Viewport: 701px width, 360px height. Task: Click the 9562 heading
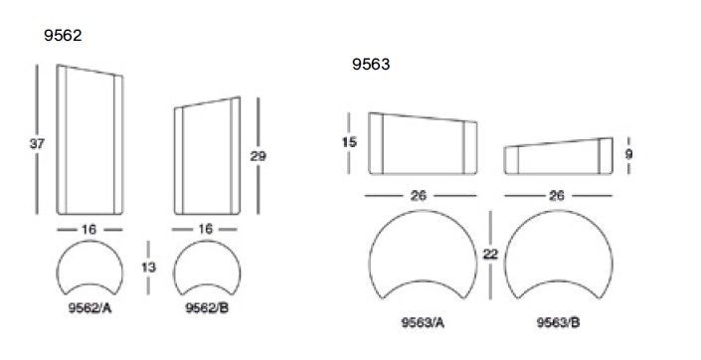coord(63,36)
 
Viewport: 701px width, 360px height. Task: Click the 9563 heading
coord(371,65)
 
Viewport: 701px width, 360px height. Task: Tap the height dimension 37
coord(37,144)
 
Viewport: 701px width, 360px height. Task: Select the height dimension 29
coord(258,156)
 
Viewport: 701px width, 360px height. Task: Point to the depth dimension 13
coord(148,268)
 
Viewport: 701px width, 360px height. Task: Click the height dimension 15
coord(349,142)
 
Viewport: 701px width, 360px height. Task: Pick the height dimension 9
coord(628,154)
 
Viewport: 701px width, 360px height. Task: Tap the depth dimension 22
coord(490,254)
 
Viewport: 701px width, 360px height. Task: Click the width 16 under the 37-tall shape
coord(88,230)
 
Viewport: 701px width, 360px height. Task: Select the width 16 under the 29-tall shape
coord(205,229)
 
